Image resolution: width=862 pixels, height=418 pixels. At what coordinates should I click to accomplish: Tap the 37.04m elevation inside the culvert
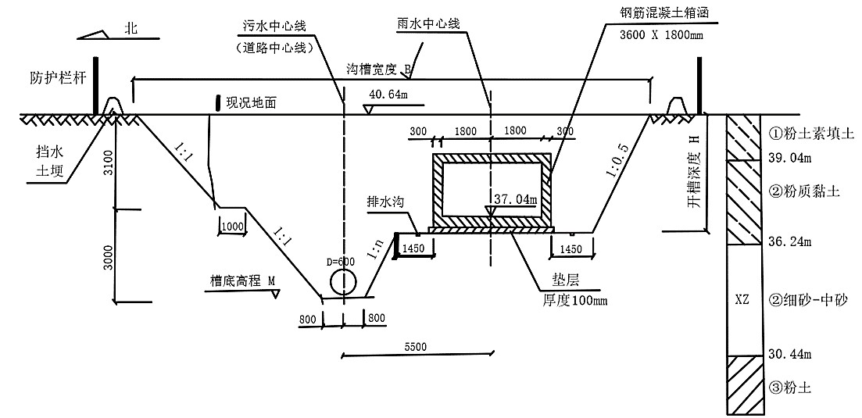[514, 199]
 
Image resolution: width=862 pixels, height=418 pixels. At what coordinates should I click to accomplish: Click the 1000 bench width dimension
[232, 226]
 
